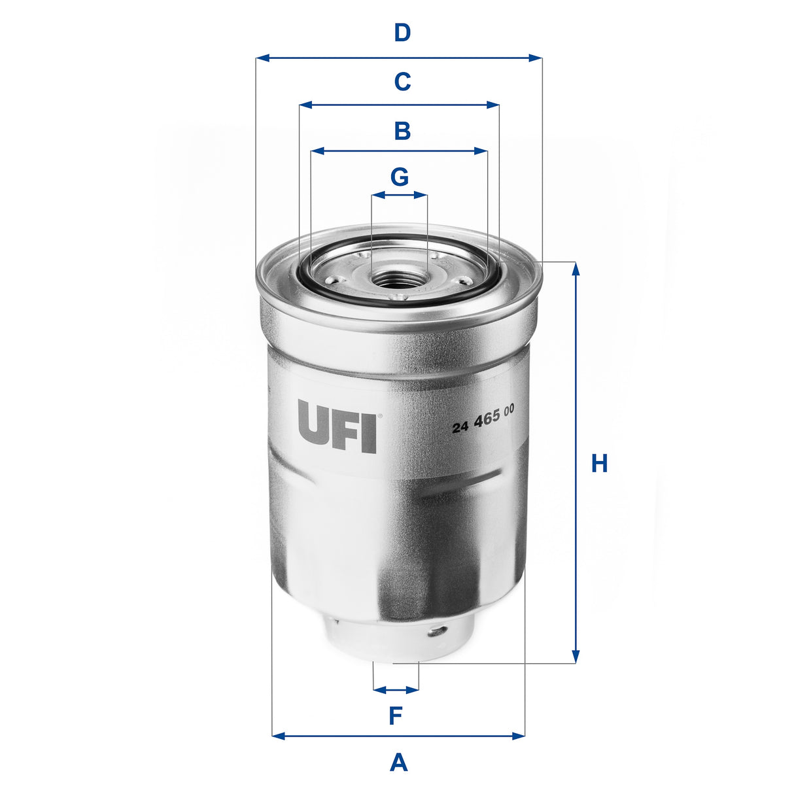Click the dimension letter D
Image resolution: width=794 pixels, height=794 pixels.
[402, 32]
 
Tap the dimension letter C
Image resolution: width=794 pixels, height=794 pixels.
[402, 82]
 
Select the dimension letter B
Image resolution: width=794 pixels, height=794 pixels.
[402, 131]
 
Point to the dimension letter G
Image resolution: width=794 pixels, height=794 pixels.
[399, 177]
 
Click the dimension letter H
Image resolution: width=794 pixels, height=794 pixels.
[599, 464]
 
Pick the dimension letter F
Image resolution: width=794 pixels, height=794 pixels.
[395, 716]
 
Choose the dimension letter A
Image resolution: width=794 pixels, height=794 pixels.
[398, 763]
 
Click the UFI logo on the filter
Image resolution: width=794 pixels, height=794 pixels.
[337, 426]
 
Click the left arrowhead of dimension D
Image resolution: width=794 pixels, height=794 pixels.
[261, 58]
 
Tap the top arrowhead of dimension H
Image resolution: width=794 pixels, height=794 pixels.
[576, 268]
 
